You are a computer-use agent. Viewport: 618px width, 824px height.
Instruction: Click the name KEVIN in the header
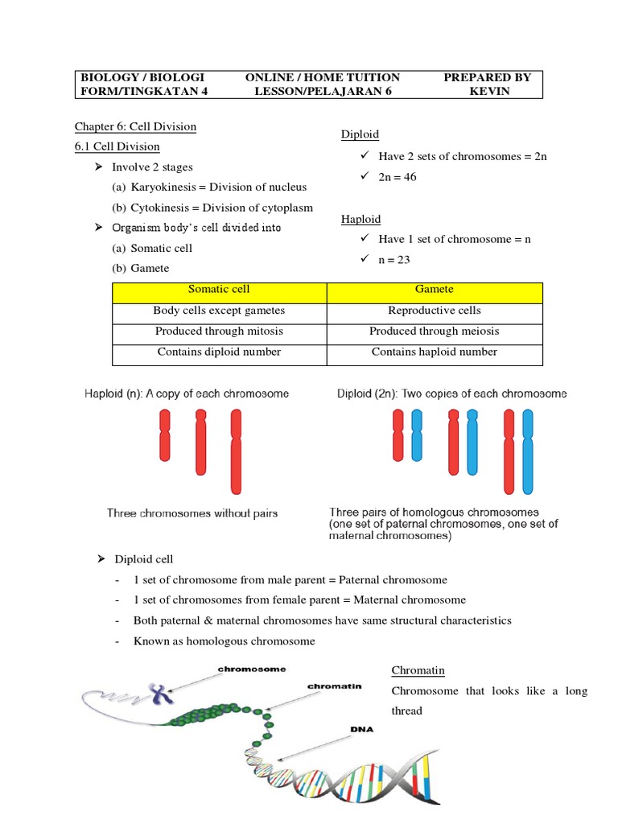tap(488, 91)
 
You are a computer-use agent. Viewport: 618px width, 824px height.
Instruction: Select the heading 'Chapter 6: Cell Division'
tap(135, 126)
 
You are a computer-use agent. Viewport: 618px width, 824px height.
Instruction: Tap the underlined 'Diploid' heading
tap(360, 134)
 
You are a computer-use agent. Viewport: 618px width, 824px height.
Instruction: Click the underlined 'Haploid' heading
tap(360, 219)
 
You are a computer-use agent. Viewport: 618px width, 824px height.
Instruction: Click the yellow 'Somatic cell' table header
tap(219, 290)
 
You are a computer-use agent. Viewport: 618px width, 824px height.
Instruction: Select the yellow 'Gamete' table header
tap(434, 290)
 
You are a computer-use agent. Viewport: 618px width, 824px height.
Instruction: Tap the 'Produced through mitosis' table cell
tap(219, 332)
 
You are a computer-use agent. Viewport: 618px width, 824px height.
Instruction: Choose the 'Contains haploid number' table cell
tap(434, 352)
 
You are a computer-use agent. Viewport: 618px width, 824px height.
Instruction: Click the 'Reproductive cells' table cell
tap(434, 311)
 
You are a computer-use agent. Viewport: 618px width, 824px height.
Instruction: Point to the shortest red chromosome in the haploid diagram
tap(165, 435)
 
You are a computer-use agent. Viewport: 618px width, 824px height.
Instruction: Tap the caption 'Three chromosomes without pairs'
tap(192, 513)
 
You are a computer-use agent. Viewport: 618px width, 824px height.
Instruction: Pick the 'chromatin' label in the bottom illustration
tap(334, 686)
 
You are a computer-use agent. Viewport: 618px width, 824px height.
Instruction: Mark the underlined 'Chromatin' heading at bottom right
tap(418, 670)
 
